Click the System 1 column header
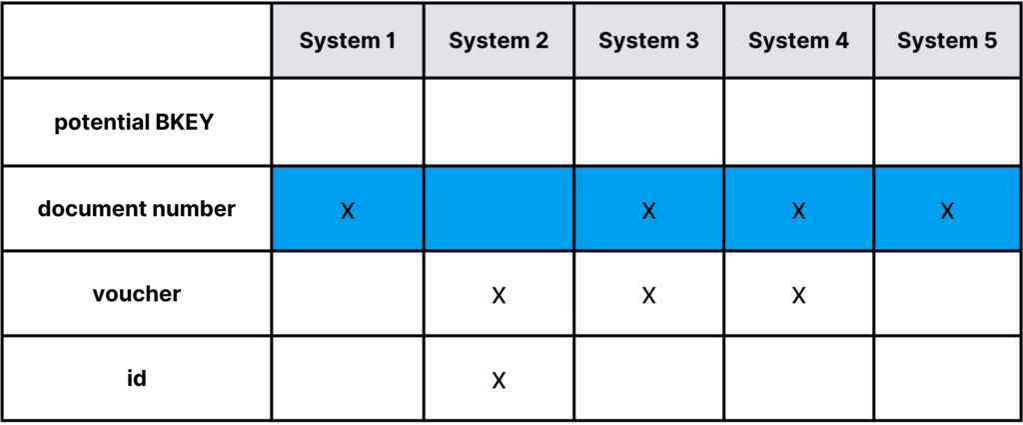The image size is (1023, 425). (x=348, y=41)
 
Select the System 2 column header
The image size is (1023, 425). (x=499, y=41)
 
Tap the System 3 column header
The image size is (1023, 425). (x=649, y=41)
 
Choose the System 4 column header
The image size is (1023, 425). (x=799, y=41)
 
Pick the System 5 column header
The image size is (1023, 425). (x=947, y=41)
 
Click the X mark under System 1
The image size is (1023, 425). (x=348, y=211)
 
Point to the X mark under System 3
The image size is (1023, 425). (x=649, y=211)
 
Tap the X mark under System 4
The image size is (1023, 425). (x=799, y=211)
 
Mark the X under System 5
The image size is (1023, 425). (x=947, y=211)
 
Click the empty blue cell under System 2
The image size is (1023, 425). (x=499, y=209)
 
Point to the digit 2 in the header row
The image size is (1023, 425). (x=541, y=41)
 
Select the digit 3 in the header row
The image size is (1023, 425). (x=691, y=41)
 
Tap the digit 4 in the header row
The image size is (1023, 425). (x=842, y=41)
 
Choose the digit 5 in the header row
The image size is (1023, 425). (x=990, y=41)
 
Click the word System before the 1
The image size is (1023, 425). (x=338, y=41)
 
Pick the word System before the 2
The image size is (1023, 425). (x=488, y=41)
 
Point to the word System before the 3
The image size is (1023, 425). (x=638, y=41)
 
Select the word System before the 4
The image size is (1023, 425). (x=788, y=41)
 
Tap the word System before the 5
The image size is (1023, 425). (x=937, y=41)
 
